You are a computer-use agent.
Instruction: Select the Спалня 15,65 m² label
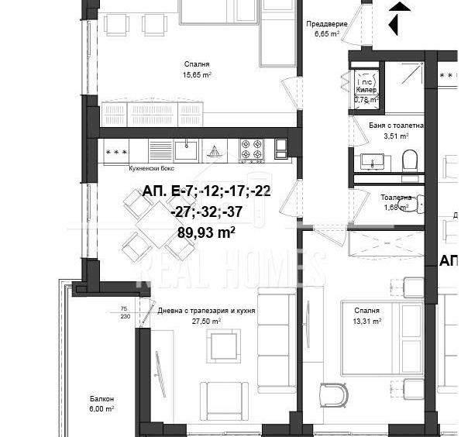click(x=196, y=70)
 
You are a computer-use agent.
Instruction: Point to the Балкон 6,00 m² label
click(x=101, y=402)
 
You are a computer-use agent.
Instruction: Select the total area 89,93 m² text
click(x=206, y=232)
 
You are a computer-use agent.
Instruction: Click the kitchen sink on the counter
click(x=186, y=148)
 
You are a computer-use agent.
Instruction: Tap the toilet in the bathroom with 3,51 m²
click(x=410, y=160)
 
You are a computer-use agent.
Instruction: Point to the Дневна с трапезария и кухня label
click(x=206, y=315)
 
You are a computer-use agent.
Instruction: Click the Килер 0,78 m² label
click(x=366, y=95)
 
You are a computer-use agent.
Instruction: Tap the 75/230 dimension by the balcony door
click(x=124, y=311)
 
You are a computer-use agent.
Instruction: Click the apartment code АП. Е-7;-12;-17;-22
click(x=206, y=192)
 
